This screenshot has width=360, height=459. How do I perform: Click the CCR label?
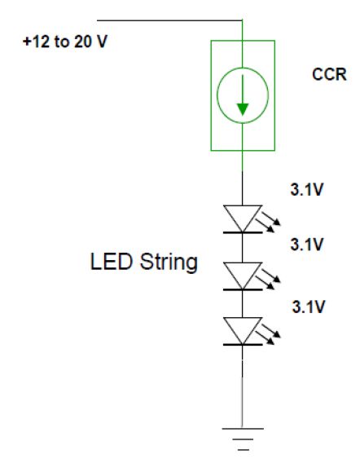pyautogui.click(x=329, y=74)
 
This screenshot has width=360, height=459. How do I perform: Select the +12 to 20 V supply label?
pyautogui.click(x=65, y=42)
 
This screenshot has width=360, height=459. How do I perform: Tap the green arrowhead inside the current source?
pyautogui.click(x=243, y=109)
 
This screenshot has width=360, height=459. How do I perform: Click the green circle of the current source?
pyautogui.click(x=217, y=95)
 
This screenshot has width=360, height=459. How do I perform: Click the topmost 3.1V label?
pyautogui.click(x=307, y=189)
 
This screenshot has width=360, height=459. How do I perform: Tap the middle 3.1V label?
pyautogui.click(x=307, y=244)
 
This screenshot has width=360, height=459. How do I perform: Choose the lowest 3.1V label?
pyautogui.click(x=309, y=307)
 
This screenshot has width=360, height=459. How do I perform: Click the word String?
pyautogui.click(x=169, y=263)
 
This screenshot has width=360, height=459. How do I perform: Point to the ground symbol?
pyautogui.click(x=243, y=439)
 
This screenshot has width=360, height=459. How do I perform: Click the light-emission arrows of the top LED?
pyautogui.click(x=269, y=223)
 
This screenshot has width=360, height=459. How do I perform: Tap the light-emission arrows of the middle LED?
pyautogui.click(x=269, y=280)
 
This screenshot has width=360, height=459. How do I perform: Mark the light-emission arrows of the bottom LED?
pyautogui.click(x=269, y=334)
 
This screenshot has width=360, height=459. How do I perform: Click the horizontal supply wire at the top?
pyautogui.click(x=169, y=20)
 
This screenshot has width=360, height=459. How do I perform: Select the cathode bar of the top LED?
pyautogui.click(x=243, y=232)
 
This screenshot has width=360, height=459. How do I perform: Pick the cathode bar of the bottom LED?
pyautogui.click(x=243, y=345)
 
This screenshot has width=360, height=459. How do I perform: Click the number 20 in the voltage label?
pyautogui.click(x=83, y=42)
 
